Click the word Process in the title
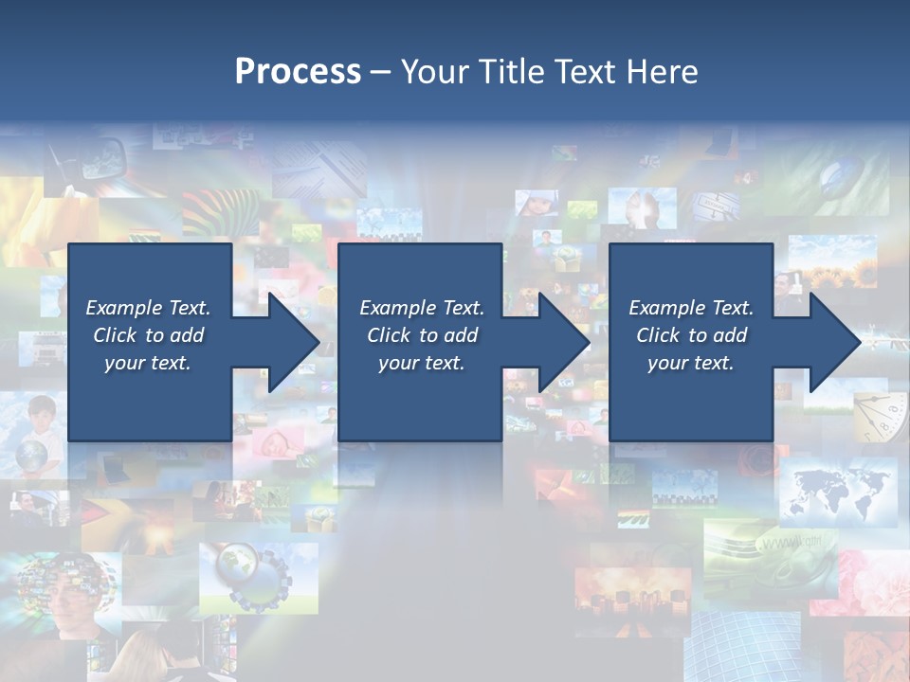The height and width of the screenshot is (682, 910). [x=298, y=71]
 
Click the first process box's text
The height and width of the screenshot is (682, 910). [x=149, y=335]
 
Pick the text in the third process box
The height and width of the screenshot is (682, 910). [x=691, y=335]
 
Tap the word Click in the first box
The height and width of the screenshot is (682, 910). [x=116, y=335]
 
